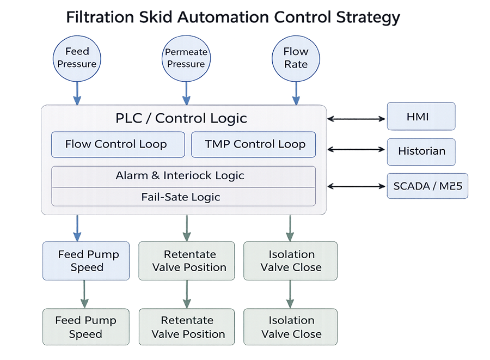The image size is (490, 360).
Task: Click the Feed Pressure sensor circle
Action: [x=77, y=58]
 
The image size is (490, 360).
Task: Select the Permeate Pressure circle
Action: [x=186, y=58]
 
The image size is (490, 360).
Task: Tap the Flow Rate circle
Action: [x=296, y=58]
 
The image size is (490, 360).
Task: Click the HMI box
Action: [x=421, y=117]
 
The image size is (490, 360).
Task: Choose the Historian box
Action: [x=421, y=151]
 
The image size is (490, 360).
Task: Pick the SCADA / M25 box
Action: [x=427, y=186]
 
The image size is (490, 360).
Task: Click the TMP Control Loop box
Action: [x=254, y=144]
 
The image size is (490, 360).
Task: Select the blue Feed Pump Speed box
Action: [x=87, y=261]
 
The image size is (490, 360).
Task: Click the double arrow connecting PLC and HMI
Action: [x=357, y=117]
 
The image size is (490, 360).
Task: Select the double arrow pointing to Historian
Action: [x=357, y=149]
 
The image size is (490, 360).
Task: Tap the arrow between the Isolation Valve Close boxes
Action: [x=290, y=294]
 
